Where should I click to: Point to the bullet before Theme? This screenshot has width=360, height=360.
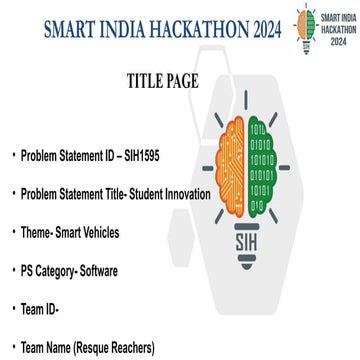pos(13,233)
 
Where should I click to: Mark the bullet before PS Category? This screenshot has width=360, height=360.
pos(13,271)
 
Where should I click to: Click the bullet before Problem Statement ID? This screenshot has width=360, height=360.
pos(13,157)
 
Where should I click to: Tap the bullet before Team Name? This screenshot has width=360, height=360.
pos(13,347)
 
